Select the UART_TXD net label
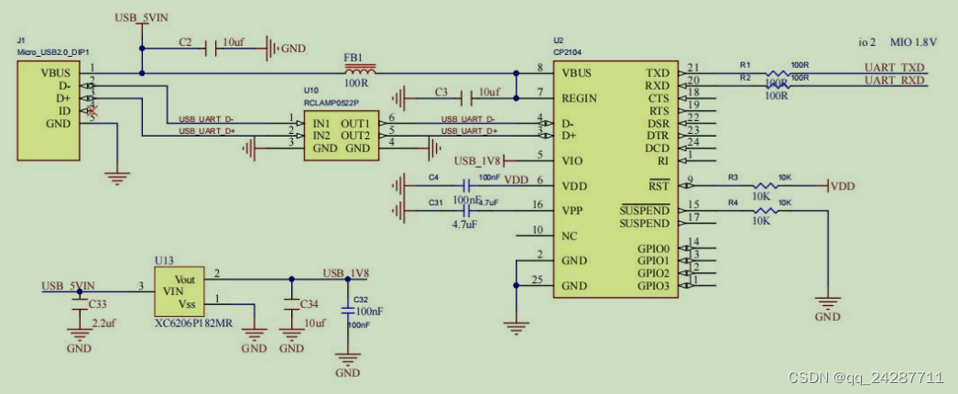[894, 68]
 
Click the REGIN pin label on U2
[580, 97]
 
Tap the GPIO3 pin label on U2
[654, 286]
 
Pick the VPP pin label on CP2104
[573, 211]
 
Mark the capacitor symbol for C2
[216, 46]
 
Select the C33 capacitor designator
[97, 303]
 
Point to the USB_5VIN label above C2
[142, 18]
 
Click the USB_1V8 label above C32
[345, 273]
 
